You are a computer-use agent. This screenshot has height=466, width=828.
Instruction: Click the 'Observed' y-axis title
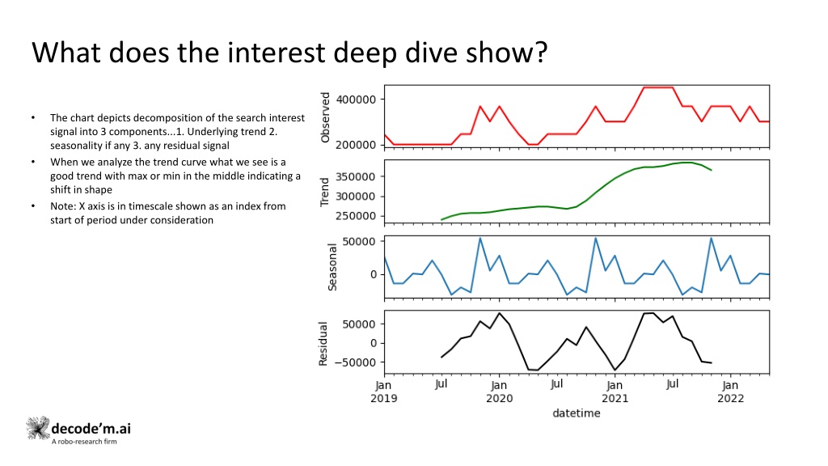(x=325, y=117)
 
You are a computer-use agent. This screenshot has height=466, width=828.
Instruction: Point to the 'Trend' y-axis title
(x=324, y=192)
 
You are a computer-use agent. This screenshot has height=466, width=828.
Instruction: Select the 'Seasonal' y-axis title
(x=332, y=267)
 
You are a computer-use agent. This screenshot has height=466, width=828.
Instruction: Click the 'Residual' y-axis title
(x=323, y=343)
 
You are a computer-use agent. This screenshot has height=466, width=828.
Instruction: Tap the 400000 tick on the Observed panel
(x=356, y=100)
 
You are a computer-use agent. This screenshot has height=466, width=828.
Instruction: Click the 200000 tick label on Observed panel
(x=356, y=145)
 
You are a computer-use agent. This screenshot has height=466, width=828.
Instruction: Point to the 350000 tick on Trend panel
(x=356, y=176)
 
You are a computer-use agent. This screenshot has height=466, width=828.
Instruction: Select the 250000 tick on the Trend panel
(x=356, y=215)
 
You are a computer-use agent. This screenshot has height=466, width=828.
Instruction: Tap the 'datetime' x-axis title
(x=576, y=413)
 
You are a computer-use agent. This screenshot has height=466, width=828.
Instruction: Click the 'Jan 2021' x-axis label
(x=615, y=392)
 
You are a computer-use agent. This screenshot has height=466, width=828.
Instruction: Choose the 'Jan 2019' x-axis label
(x=384, y=392)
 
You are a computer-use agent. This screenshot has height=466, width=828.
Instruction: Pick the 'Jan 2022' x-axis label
(x=730, y=392)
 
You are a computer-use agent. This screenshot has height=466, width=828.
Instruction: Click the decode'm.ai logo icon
(x=38, y=428)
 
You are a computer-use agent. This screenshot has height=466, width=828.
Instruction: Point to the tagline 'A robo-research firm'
(x=84, y=442)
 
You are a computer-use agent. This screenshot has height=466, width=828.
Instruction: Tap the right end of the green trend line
(x=712, y=170)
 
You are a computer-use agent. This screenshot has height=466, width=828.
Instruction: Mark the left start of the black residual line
(x=441, y=357)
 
